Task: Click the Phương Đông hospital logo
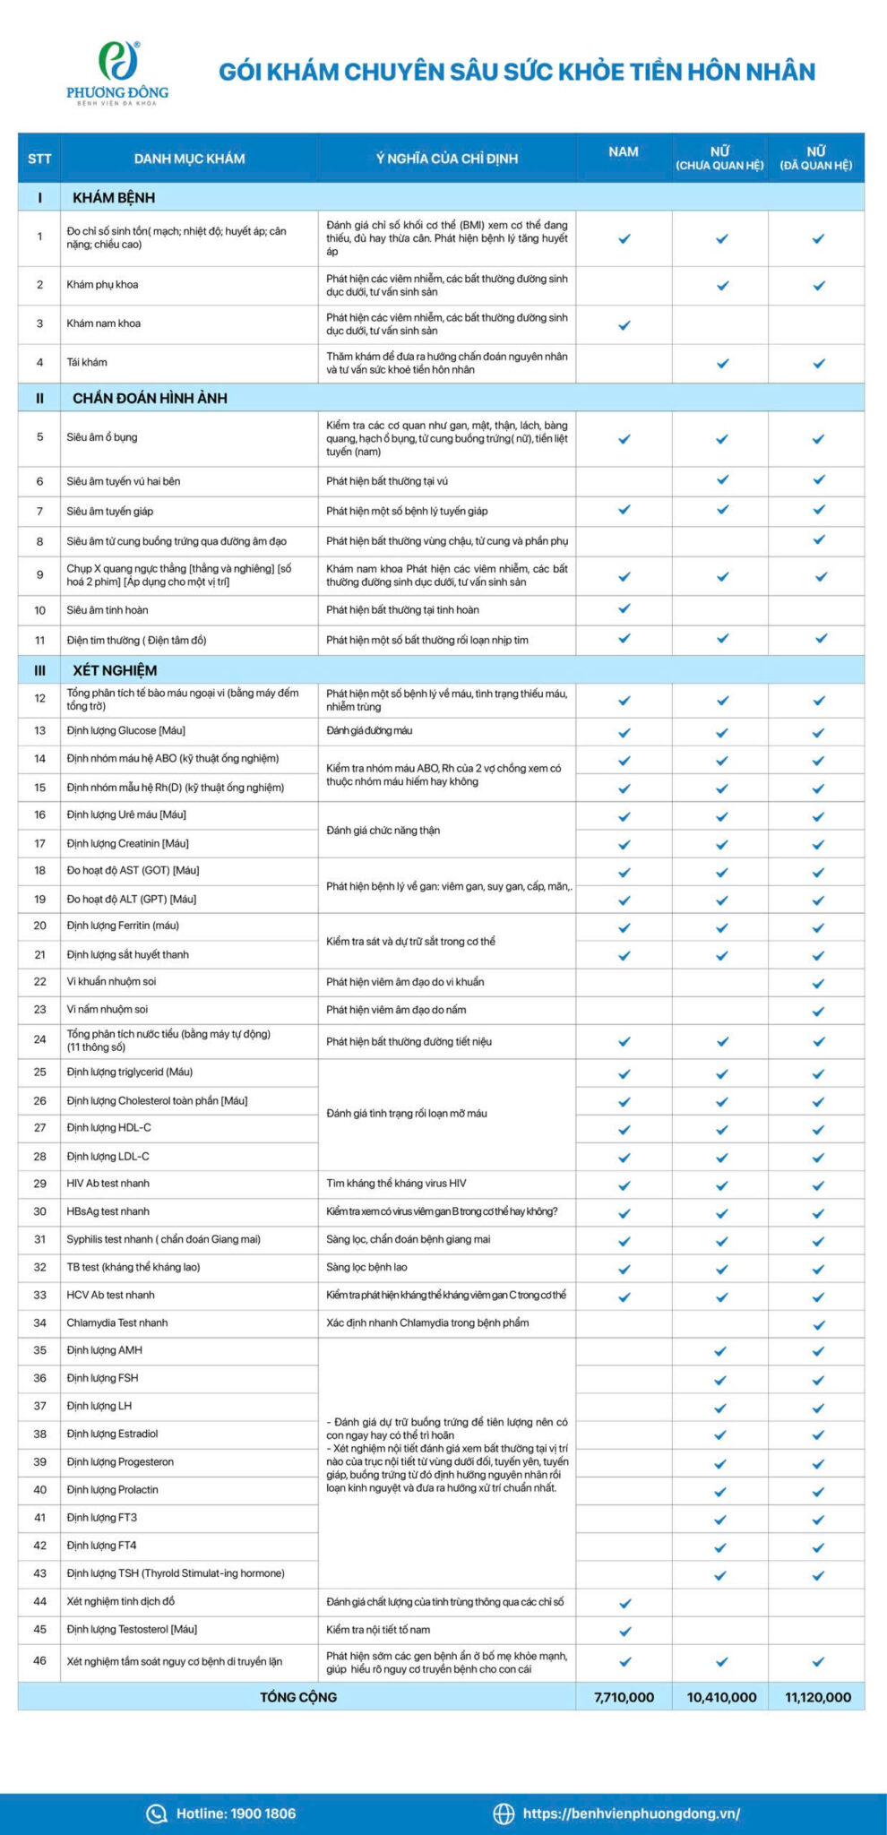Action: [x=117, y=73]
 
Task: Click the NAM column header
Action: [x=624, y=152]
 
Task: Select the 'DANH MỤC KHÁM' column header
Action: [x=189, y=159]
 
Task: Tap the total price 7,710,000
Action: [x=624, y=1697]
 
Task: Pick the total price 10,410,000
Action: [x=721, y=1697]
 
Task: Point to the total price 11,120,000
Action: [x=818, y=1697]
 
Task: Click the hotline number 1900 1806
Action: [x=236, y=1813]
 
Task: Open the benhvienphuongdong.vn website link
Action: [x=632, y=1813]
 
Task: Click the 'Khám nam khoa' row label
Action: [x=104, y=323]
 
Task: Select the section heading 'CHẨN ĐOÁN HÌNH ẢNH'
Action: [x=150, y=398]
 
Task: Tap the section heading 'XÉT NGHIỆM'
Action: [x=115, y=670]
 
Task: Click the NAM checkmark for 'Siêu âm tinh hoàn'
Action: [x=624, y=608]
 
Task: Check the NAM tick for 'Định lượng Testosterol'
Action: [x=625, y=1631]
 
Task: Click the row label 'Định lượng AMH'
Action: [x=105, y=1350]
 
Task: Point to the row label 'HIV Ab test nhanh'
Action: [x=108, y=1184]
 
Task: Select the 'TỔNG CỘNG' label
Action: [x=298, y=1697]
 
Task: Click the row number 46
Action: [x=39, y=1660]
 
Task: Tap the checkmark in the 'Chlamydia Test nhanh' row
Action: [x=818, y=1324]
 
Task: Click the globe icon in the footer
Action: [x=504, y=1813]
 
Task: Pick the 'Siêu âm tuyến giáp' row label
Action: [x=110, y=512]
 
